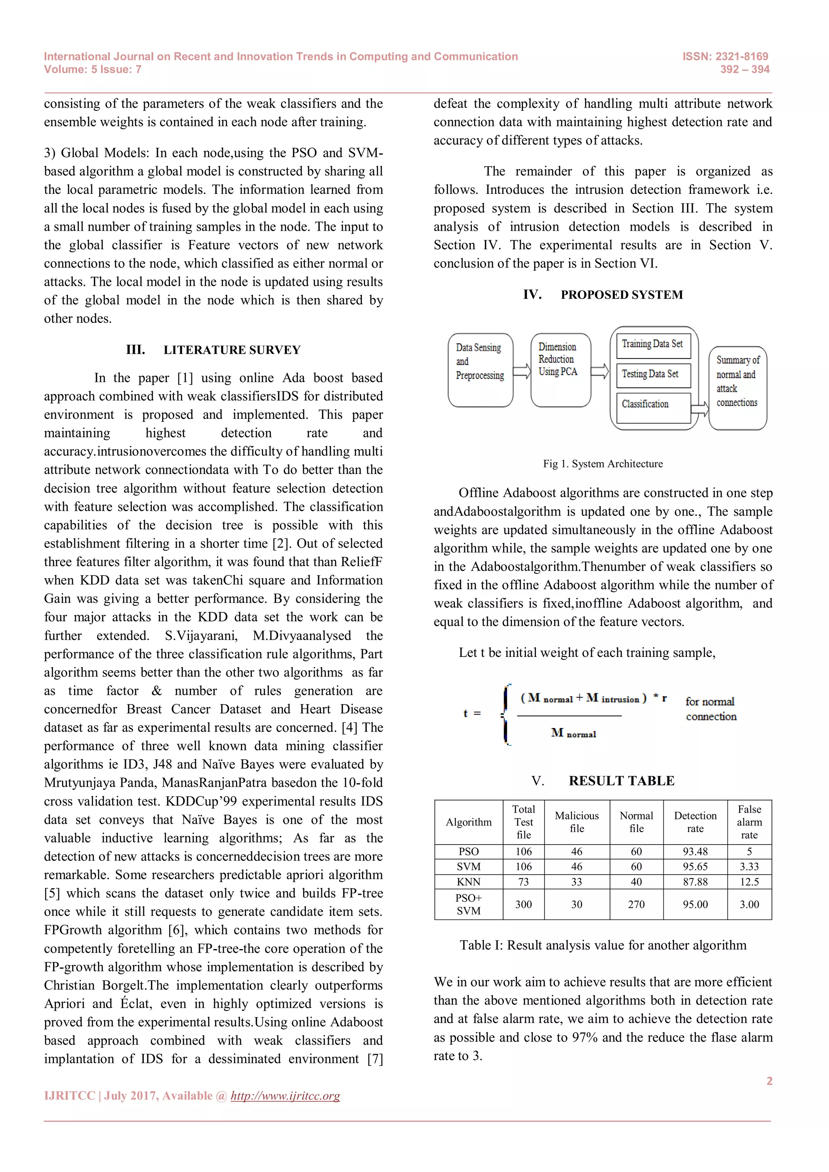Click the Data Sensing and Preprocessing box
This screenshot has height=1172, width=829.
pos(480,370)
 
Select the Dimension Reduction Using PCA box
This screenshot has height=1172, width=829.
pos(561,370)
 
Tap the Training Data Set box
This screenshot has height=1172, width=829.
pos(653,346)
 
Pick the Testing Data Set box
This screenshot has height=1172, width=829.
pos(653,375)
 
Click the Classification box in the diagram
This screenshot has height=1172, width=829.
pos(653,407)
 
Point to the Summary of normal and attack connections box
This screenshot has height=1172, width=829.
pos(738,388)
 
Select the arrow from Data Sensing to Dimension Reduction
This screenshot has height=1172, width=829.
pos(522,371)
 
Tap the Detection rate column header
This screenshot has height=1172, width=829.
pos(695,822)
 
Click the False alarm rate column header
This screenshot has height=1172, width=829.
pos(749,822)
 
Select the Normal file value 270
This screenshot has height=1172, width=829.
pos(636,904)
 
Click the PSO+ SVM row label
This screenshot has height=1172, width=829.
pos(469,904)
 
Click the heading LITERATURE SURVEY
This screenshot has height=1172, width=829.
pos(232,350)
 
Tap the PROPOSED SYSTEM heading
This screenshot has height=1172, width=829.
pos(621,295)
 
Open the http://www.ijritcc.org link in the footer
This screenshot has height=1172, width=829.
pos(285,1096)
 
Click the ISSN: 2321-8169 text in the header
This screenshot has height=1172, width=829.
pos(725,56)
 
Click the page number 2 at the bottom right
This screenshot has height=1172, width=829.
pos(769,1081)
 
